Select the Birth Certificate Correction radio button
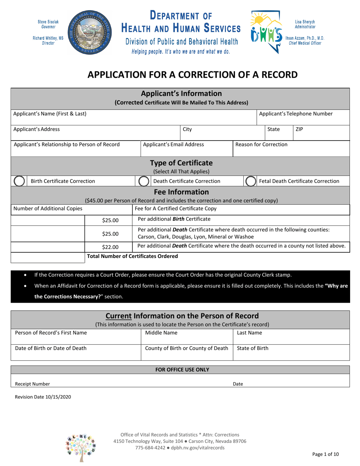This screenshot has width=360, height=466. pyautogui.click(x=19, y=181)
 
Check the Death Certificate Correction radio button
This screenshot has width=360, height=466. pyautogui.click(x=143, y=181)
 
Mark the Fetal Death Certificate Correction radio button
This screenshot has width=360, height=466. pyautogui.click(x=250, y=181)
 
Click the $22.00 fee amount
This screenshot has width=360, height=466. pyautogui.click(x=110, y=247)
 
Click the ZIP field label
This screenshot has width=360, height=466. pyautogui.click(x=299, y=129)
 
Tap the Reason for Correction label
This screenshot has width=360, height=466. pyautogui.click(x=261, y=144)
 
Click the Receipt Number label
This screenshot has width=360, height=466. pyautogui.click(x=32, y=384)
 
